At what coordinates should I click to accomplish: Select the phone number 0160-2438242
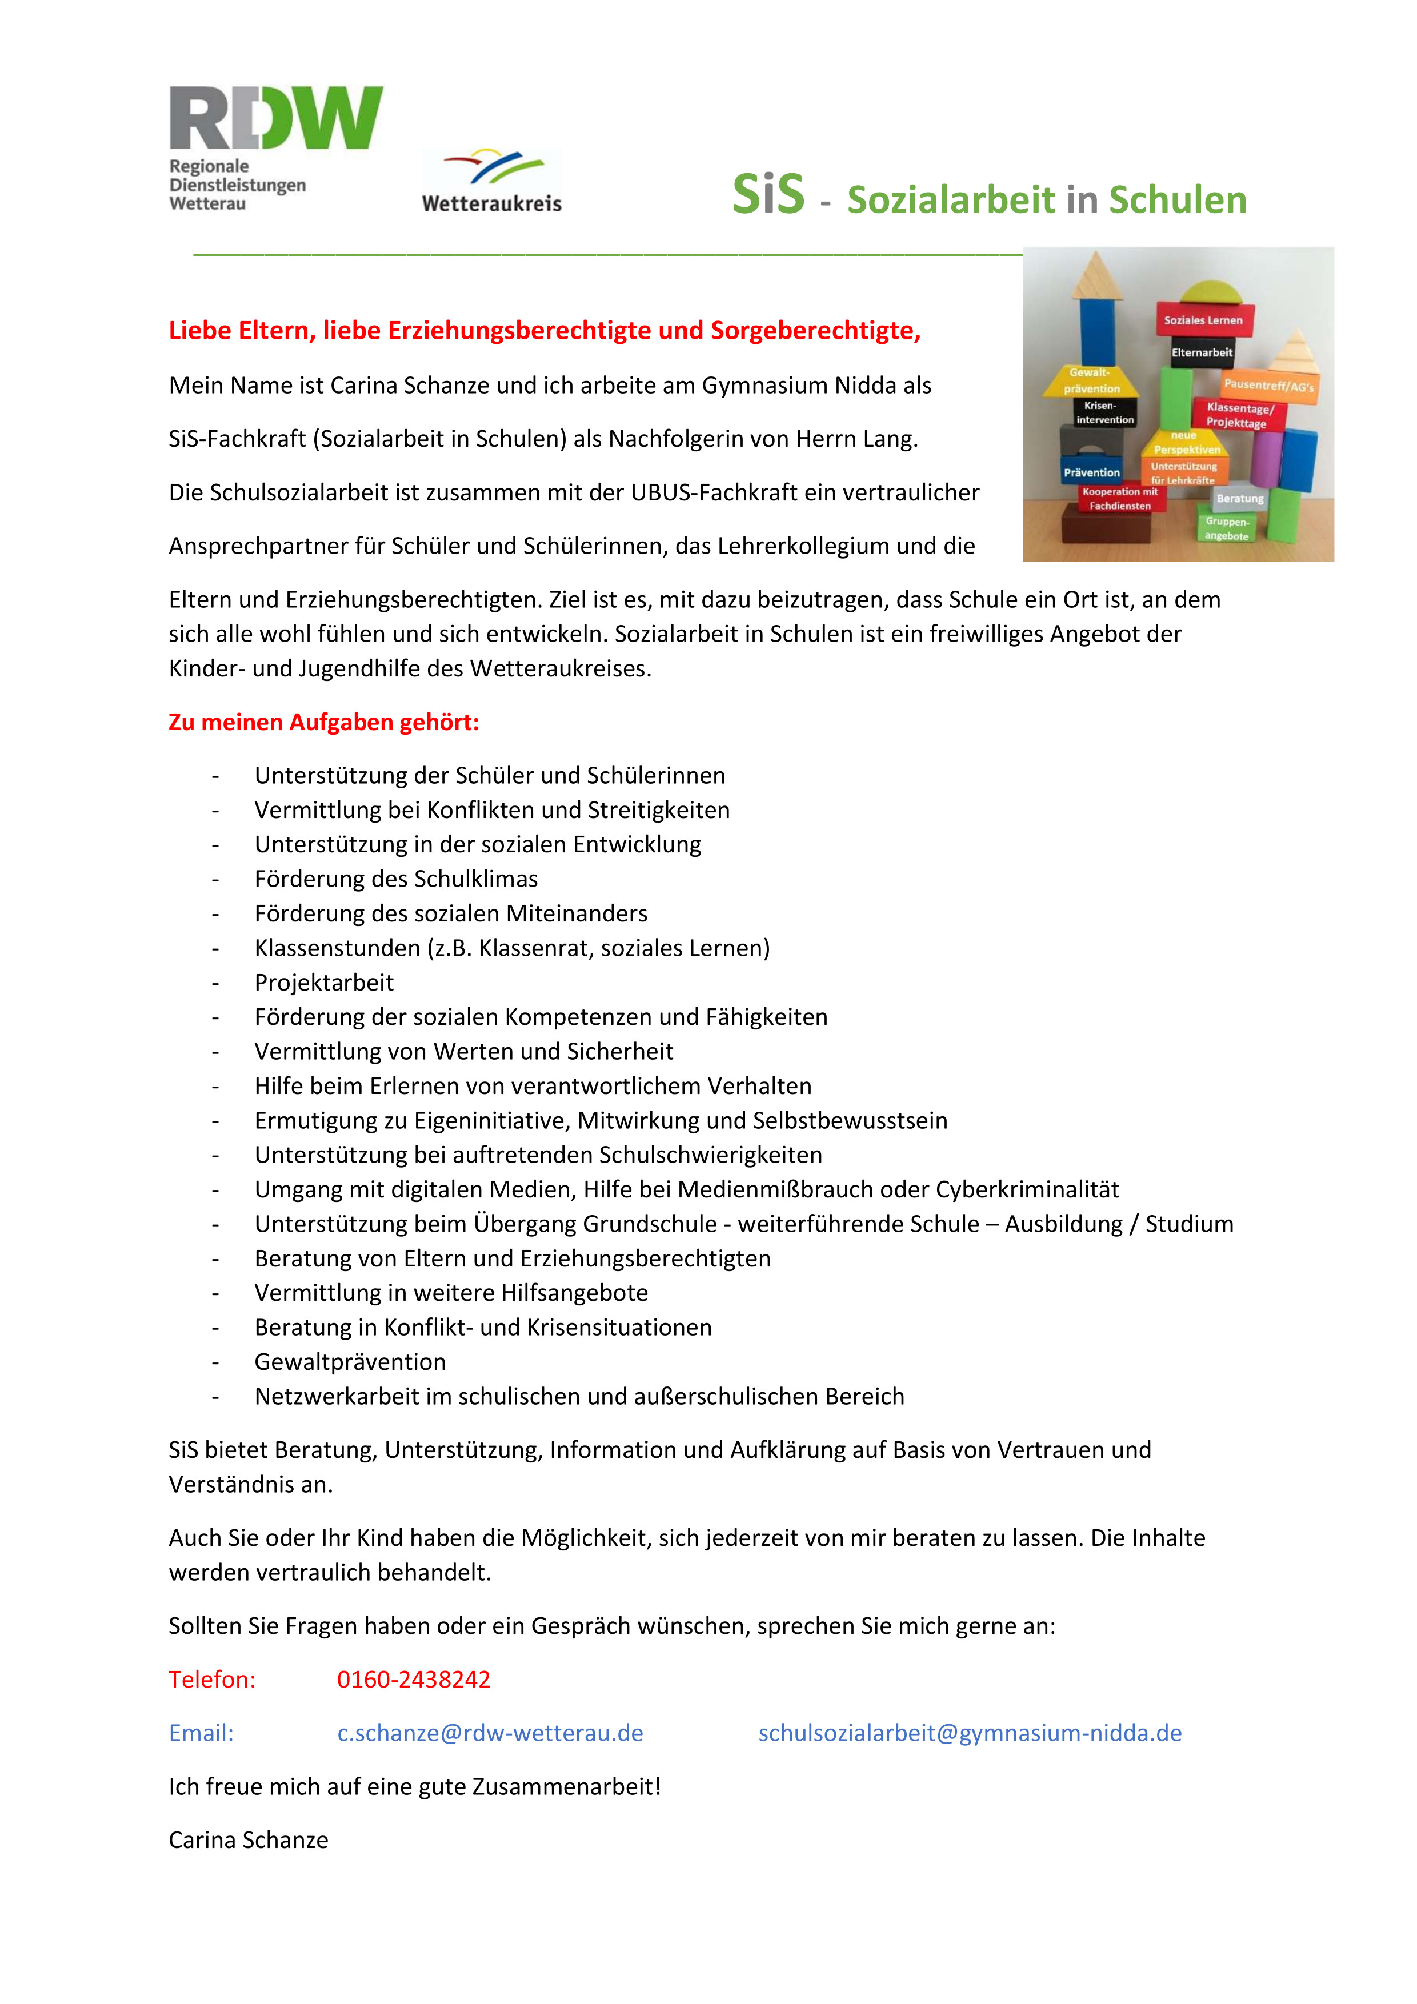point(414,1680)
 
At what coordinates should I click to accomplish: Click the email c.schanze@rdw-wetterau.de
point(490,1733)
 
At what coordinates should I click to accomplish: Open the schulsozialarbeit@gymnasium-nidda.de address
point(969,1733)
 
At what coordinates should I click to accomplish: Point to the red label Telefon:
point(212,1680)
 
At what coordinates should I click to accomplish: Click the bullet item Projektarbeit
point(324,982)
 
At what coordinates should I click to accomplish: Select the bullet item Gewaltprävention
point(350,1361)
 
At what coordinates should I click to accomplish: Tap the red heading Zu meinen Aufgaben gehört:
point(324,722)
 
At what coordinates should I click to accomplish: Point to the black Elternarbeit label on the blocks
point(1202,352)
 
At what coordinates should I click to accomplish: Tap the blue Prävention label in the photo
point(1091,472)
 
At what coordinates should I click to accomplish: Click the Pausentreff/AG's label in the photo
point(1268,385)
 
